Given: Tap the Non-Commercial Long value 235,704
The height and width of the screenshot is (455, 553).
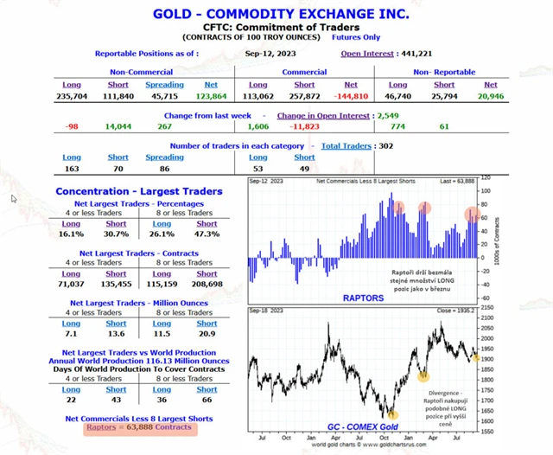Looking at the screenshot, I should pos(71,97).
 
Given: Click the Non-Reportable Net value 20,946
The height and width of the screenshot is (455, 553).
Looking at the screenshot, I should pos(490,97).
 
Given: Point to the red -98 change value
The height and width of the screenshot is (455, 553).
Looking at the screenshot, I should pos(72,126).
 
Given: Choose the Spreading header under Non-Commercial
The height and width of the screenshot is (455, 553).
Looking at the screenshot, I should pos(164,85).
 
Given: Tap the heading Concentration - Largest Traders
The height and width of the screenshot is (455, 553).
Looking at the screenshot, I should pos(138,191).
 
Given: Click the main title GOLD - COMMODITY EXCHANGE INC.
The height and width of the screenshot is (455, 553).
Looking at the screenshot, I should pos(282,14).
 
